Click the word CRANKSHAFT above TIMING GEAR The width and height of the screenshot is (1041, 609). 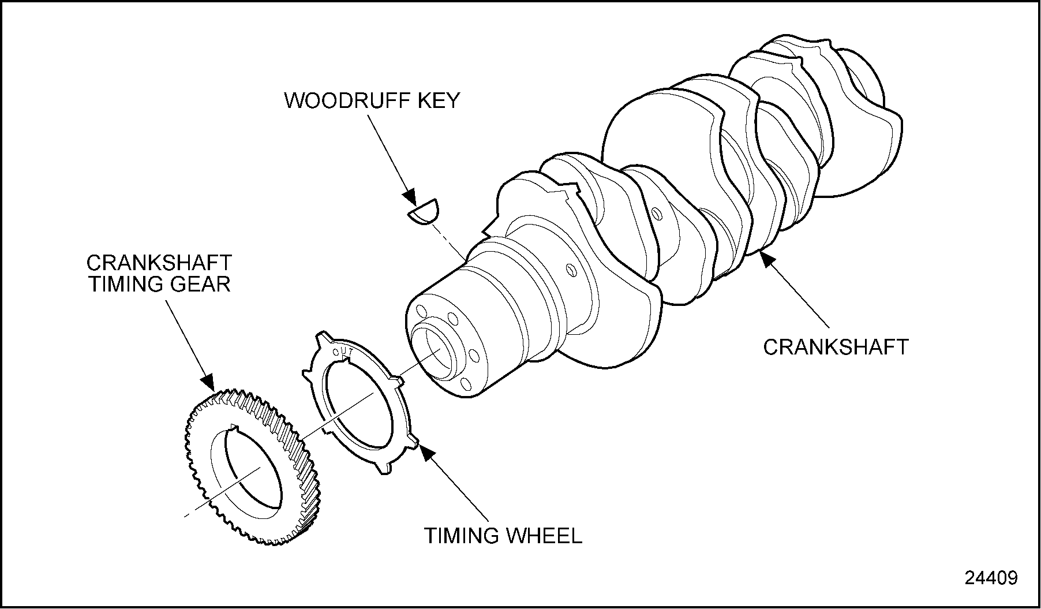159,263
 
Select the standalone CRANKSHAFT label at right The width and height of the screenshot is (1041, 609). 836,347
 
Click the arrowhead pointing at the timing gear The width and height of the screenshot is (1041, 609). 208,381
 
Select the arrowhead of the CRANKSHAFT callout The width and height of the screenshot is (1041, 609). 767,259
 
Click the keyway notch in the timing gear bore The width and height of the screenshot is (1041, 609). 233,428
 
